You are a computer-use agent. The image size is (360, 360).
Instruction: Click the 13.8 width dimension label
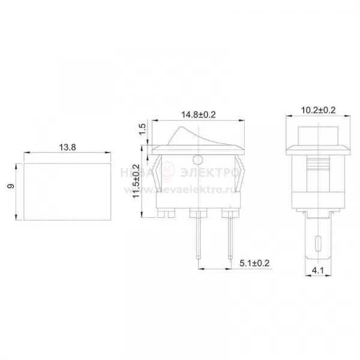[67, 147]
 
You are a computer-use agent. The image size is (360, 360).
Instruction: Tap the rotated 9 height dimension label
[11, 186]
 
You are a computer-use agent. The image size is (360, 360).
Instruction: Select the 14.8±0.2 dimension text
[199, 115]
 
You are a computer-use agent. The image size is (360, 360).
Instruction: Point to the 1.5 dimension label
[143, 129]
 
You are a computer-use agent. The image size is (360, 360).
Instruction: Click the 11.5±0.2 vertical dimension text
[136, 181]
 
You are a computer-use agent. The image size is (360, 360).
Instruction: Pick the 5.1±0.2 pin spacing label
[254, 263]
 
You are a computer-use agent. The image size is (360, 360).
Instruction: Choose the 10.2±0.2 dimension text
[318, 110]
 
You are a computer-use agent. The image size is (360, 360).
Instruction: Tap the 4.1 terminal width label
[318, 271]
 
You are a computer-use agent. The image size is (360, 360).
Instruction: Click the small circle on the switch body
[198, 160]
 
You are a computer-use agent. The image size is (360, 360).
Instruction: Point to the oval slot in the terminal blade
[318, 244]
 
